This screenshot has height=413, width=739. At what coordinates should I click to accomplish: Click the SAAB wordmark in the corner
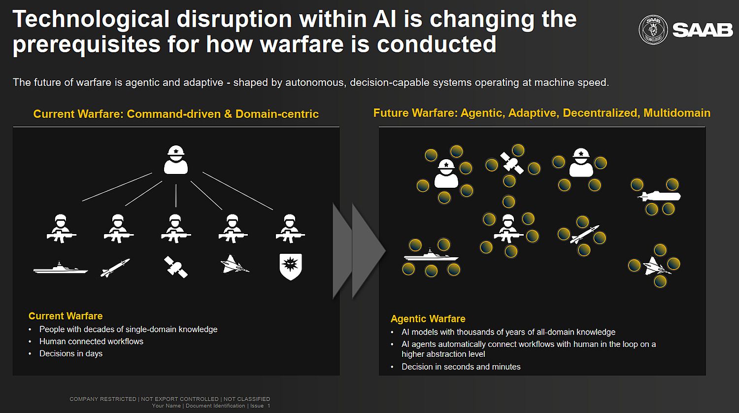pyautogui.click(x=703, y=31)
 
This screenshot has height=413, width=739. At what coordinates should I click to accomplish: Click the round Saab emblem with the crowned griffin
pyautogui.click(x=653, y=30)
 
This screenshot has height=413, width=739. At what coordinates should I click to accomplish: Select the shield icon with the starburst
pyautogui.click(x=290, y=267)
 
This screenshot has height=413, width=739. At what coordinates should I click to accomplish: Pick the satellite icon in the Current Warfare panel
pyautogui.click(x=176, y=267)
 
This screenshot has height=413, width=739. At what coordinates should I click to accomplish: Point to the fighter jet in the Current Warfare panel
pyautogui.click(x=235, y=265)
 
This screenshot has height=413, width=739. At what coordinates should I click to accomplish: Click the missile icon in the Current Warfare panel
pyautogui.click(x=115, y=268)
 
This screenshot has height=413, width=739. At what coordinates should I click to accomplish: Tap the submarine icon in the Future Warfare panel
pyautogui.click(x=659, y=197)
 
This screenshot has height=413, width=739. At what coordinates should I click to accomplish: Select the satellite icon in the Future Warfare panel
pyautogui.click(x=512, y=163)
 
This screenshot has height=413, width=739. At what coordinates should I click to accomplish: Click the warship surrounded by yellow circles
pyautogui.click(x=431, y=255)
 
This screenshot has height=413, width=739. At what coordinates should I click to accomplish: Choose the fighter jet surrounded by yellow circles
pyautogui.click(x=656, y=266)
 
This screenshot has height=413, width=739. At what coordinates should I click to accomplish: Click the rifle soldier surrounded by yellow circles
pyautogui.click(x=508, y=229)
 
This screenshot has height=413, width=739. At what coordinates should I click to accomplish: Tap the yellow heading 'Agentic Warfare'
pyautogui.click(x=428, y=318)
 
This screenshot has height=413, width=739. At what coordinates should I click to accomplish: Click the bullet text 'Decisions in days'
pyautogui.click(x=71, y=353)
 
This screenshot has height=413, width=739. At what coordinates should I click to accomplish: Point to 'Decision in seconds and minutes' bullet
pyautogui.click(x=461, y=367)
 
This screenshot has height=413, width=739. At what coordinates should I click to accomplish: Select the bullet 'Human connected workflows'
pyautogui.click(x=91, y=342)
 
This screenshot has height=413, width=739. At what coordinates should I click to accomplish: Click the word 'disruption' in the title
pyautogui.click(x=234, y=19)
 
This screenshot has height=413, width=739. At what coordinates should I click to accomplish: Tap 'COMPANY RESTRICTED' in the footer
pyautogui.click(x=103, y=399)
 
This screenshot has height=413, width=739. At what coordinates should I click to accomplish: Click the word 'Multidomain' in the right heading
pyautogui.click(x=676, y=113)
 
